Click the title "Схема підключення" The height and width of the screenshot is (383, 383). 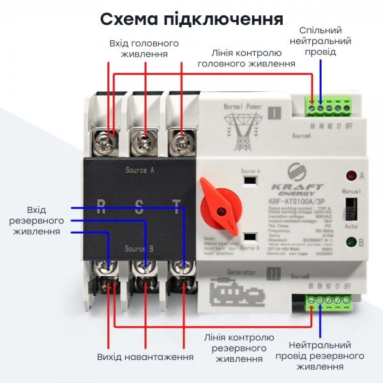click(x=191, y=19)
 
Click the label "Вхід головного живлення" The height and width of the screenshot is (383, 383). click(x=144, y=49)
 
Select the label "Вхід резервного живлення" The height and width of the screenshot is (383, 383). click(x=36, y=220)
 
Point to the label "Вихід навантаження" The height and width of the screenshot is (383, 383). click(x=146, y=357)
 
